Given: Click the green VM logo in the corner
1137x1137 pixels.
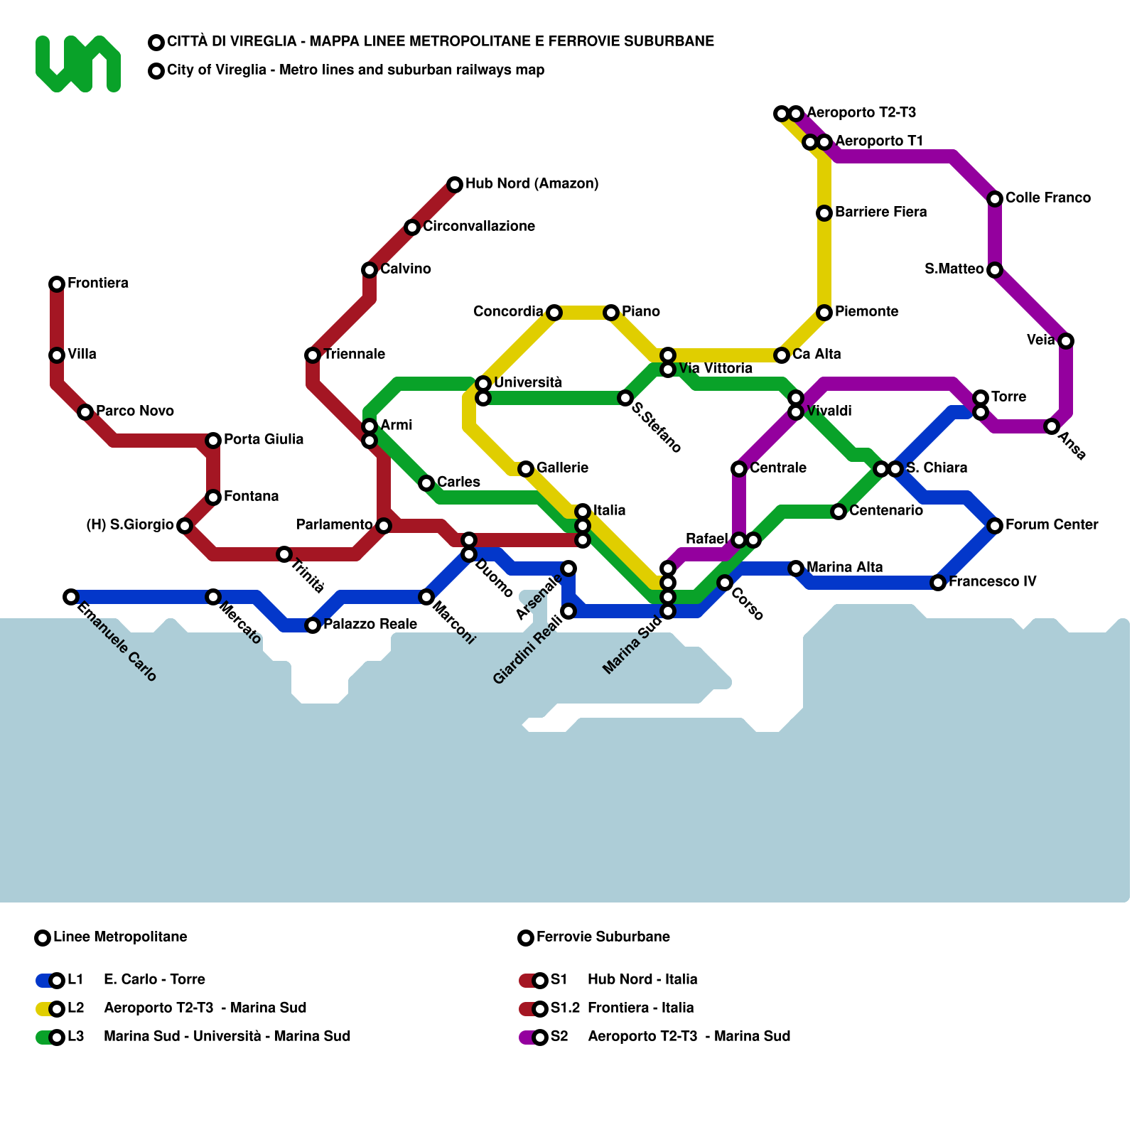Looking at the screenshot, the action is click(x=77, y=64).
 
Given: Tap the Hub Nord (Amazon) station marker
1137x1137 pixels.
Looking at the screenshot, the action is click(x=455, y=185).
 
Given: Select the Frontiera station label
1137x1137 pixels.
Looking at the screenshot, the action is click(x=98, y=284).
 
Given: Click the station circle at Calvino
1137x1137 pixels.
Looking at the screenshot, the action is click(x=370, y=270).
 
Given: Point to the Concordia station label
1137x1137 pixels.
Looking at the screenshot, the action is click(x=508, y=312).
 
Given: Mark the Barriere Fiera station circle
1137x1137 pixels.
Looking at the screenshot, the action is click(x=824, y=213).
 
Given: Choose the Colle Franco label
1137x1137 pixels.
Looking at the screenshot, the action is click(x=1048, y=198).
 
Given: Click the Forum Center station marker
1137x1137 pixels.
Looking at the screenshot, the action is click(x=995, y=526).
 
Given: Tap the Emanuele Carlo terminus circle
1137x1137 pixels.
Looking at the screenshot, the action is click(x=71, y=597).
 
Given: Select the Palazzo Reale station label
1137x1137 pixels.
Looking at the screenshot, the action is click(x=370, y=625).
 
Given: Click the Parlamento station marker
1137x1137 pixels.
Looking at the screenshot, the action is click(x=384, y=526).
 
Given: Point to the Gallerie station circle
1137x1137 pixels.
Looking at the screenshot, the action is click(x=526, y=469).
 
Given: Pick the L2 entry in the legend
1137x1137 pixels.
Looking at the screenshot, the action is click(x=75, y=1008).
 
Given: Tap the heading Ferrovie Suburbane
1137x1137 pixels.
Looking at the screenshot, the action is click(x=603, y=937).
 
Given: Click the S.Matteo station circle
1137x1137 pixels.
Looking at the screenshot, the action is click(x=995, y=270).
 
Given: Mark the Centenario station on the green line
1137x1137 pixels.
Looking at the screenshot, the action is click(x=839, y=512).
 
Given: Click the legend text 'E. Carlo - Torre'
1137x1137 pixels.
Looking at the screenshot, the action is click(x=154, y=980).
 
